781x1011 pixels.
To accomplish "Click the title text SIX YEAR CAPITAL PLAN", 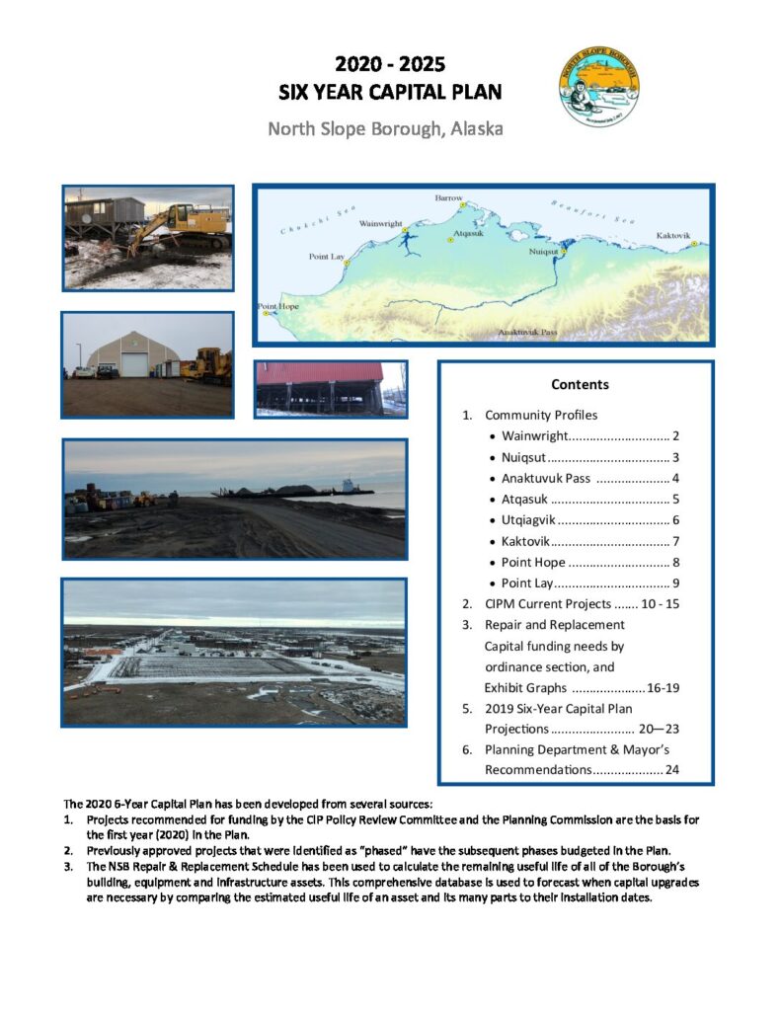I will click(x=390, y=93).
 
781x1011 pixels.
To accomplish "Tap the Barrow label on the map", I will click(x=448, y=198).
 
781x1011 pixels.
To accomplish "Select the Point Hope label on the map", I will click(x=278, y=306).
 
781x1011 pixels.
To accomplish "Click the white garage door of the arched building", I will click(x=133, y=364).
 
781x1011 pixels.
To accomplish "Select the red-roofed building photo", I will click(x=330, y=388).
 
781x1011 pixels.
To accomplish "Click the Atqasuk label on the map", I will click(x=468, y=234).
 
